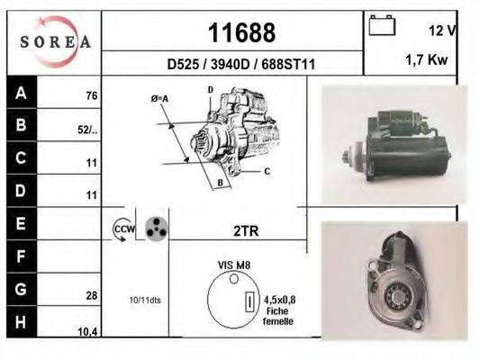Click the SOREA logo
(x=55, y=42)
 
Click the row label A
(x=20, y=92)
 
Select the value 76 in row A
(x=90, y=95)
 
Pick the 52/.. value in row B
(x=87, y=130)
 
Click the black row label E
(x=20, y=222)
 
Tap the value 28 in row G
(x=92, y=294)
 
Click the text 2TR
(x=244, y=230)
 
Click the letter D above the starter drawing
(x=210, y=90)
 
